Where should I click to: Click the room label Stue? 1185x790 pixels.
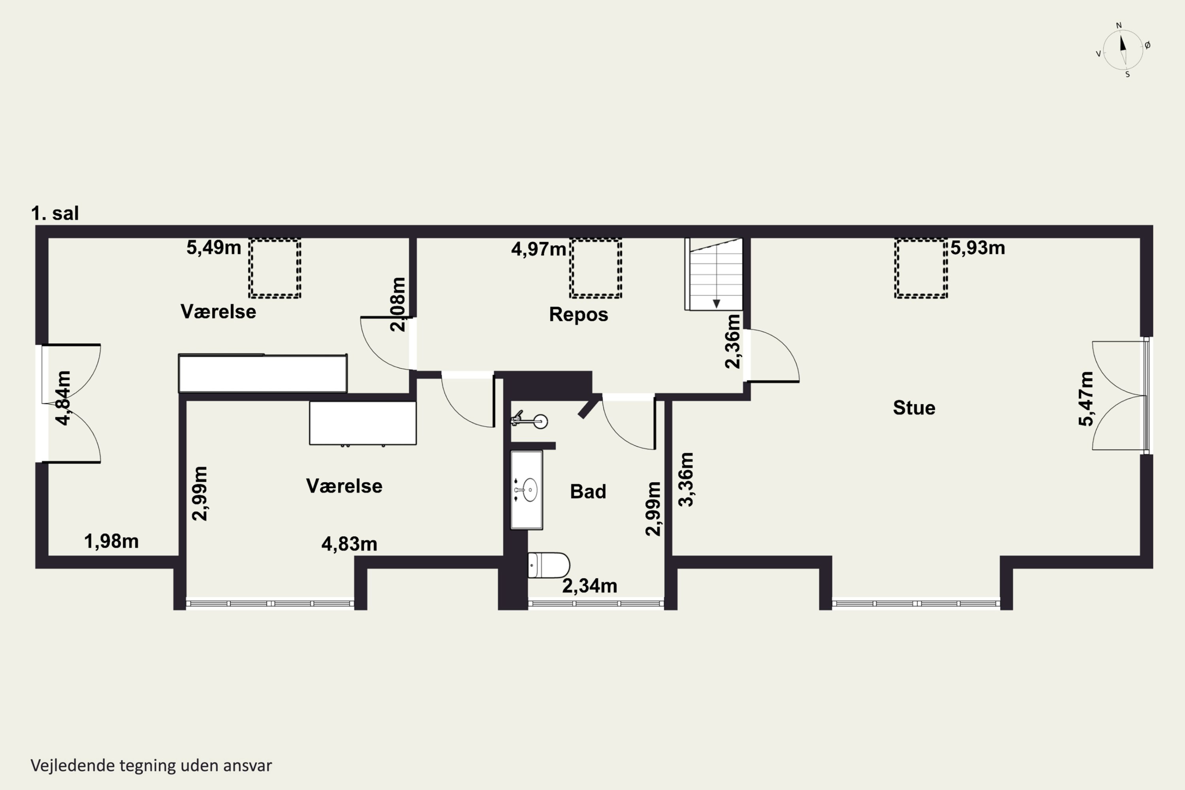(914, 408)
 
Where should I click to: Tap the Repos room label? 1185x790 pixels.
(578, 314)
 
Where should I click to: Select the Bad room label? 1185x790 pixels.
(588, 491)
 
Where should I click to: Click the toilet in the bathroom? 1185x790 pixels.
(548, 565)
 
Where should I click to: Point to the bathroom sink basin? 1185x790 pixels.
(530, 490)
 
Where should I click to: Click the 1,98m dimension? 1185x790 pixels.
(111, 542)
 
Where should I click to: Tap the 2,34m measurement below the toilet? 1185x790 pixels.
(589, 586)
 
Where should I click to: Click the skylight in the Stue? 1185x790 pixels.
(920, 269)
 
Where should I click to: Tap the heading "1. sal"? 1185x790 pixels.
(55, 213)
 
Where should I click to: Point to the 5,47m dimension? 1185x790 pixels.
(1086, 399)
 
